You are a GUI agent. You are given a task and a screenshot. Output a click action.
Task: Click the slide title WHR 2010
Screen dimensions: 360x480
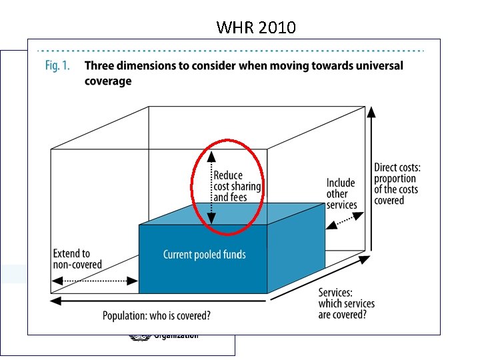(x=256, y=27)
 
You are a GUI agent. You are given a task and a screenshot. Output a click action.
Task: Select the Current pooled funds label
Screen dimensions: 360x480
(x=205, y=255)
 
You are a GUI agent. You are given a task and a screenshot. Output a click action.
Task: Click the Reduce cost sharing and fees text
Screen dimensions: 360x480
(x=237, y=187)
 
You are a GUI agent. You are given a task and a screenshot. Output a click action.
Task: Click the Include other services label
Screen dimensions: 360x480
(x=341, y=193)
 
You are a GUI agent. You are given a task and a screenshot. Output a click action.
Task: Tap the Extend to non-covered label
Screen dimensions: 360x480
(x=77, y=259)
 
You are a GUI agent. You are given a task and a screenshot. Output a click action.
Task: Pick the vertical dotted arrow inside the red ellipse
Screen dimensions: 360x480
(x=211, y=187)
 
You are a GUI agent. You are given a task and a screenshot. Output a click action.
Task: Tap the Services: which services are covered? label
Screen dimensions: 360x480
(x=346, y=303)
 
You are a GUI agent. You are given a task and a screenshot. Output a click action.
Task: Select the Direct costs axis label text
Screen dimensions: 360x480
(x=397, y=183)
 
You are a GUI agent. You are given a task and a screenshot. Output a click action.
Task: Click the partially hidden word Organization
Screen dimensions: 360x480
(x=176, y=335)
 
